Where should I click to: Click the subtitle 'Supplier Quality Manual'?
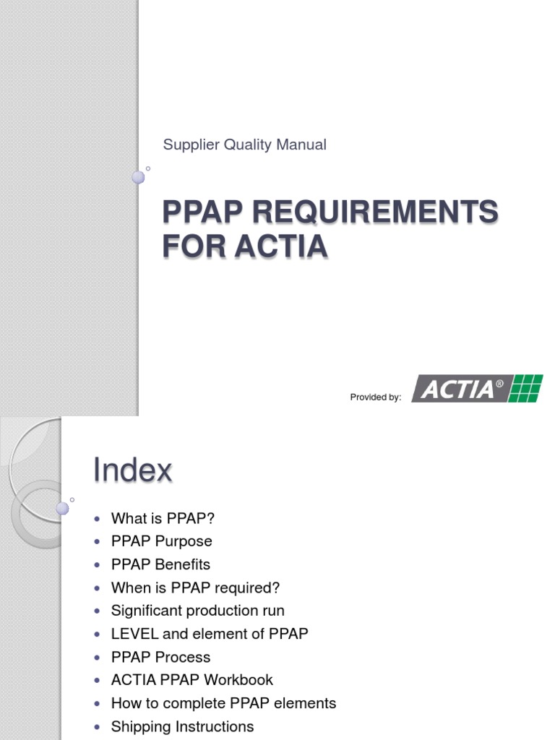pyautogui.click(x=244, y=145)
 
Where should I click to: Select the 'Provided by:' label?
pyautogui.click(x=375, y=397)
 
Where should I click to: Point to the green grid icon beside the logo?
pyautogui.click(x=525, y=388)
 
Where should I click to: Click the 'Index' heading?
pyautogui.click(x=132, y=471)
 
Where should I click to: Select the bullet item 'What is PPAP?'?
pyautogui.click(x=163, y=518)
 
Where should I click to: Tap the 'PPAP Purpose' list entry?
pyautogui.click(x=161, y=541)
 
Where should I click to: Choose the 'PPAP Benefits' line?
pyautogui.click(x=160, y=564)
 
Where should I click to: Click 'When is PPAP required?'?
pyautogui.click(x=195, y=588)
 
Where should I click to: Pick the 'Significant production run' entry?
pyautogui.click(x=197, y=611)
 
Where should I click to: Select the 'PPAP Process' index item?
pyautogui.click(x=160, y=657)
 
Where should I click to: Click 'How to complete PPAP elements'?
pyautogui.click(x=223, y=703)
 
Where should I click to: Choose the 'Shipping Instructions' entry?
pyautogui.click(x=182, y=726)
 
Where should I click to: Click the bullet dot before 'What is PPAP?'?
pyautogui.click(x=97, y=519)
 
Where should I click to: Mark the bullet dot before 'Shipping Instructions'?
pyautogui.click(x=97, y=727)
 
